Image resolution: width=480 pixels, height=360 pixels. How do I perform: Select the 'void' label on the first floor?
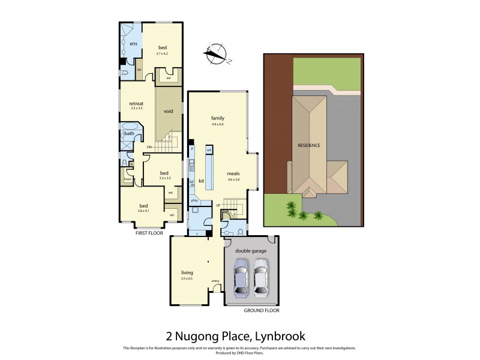(169, 112)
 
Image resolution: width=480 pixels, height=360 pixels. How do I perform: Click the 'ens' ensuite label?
(133, 44)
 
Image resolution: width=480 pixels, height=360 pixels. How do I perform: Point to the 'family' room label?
(217, 118)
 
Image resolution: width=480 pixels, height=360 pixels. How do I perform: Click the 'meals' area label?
(233, 173)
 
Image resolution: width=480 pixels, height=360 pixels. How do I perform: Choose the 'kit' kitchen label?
(202, 180)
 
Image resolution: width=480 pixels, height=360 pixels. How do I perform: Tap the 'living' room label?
(187, 272)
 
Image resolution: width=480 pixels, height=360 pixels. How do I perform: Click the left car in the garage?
(241, 277)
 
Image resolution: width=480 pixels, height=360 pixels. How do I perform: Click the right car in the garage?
(261, 277)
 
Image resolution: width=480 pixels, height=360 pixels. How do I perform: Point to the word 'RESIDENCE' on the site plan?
(309, 145)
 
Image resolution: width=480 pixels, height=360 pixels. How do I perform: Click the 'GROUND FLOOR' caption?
(261, 310)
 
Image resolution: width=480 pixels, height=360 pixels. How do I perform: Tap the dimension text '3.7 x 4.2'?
(163, 54)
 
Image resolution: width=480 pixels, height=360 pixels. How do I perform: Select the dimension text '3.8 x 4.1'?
(144, 211)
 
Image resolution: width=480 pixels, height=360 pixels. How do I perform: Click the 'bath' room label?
(129, 133)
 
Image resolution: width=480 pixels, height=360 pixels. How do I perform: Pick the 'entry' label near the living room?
(215, 281)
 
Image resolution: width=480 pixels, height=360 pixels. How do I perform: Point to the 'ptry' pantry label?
(194, 200)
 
